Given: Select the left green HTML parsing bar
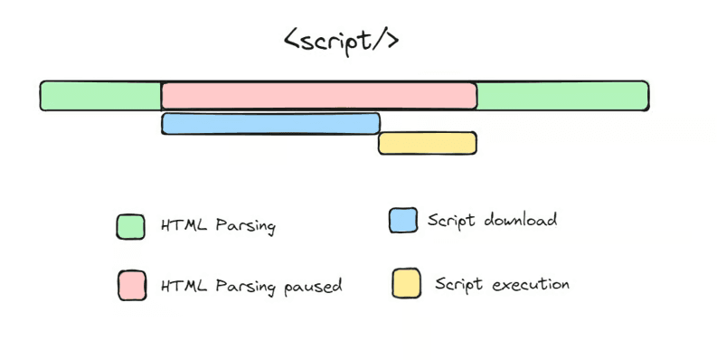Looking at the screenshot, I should (x=100, y=95).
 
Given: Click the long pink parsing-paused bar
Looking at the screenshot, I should (x=318, y=95).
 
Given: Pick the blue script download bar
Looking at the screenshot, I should (x=270, y=124).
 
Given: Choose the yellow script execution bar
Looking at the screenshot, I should (x=427, y=143).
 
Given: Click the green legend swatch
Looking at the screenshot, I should (x=130, y=226).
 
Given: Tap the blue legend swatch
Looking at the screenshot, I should (x=403, y=220).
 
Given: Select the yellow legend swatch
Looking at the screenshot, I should (x=406, y=283).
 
